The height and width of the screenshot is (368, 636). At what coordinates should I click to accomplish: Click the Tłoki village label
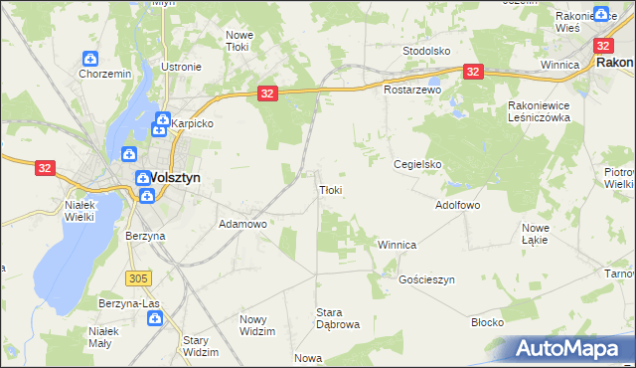coord(331,190)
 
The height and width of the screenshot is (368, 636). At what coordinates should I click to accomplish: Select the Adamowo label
coord(243,225)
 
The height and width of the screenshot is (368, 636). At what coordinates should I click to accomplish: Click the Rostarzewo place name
coord(412,90)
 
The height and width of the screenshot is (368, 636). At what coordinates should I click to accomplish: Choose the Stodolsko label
coord(427,50)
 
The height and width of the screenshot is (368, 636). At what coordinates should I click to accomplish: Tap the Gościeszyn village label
coord(426,280)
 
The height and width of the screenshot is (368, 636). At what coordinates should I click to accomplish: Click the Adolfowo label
coord(458,206)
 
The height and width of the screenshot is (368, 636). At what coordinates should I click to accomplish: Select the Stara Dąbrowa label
coord(337,318)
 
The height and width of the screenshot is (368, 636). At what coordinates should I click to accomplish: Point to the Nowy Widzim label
coord(257,325)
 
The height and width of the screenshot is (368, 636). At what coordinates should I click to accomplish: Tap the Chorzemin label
coord(104,74)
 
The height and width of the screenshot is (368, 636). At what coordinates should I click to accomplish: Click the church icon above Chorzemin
coord(90,59)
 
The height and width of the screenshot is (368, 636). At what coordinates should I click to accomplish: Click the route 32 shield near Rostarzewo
coord(473,71)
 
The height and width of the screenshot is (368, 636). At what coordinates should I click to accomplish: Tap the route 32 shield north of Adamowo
coord(266,92)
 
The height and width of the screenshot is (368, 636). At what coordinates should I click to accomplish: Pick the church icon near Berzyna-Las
coord(155,319)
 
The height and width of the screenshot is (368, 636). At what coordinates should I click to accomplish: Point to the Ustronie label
coord(181,67)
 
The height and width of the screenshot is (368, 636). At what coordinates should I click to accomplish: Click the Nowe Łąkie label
coord(536,234)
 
